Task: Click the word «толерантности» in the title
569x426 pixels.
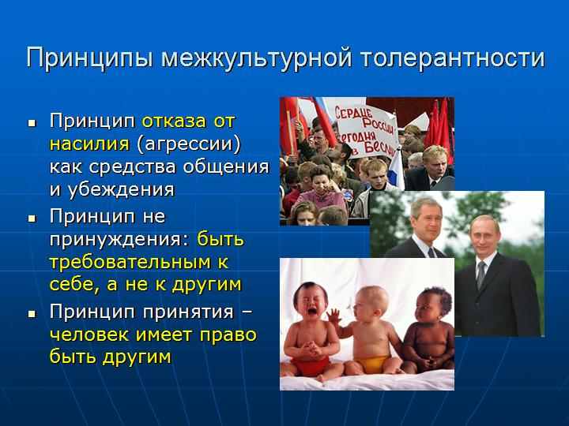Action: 453,58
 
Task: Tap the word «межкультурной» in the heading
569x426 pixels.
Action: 257,58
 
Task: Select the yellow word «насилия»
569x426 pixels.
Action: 89,144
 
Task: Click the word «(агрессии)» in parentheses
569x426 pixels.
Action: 189,144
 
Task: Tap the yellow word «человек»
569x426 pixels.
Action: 89,334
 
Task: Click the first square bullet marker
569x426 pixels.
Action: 32,123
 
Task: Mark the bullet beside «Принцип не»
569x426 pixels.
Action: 32,219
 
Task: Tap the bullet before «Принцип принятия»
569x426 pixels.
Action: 32,314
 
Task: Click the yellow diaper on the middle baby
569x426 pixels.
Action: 371,364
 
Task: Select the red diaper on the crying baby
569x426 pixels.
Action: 311,365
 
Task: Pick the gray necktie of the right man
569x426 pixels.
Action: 480,275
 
